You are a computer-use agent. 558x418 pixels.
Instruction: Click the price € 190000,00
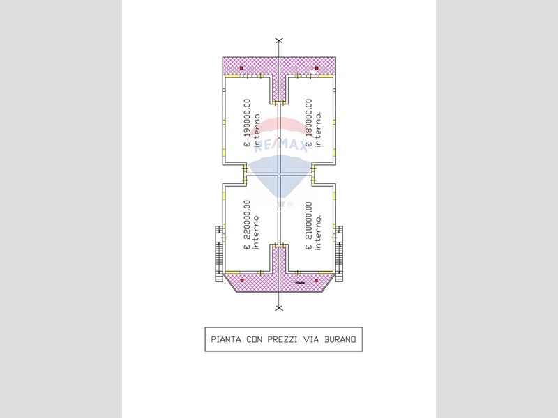click(247, 123)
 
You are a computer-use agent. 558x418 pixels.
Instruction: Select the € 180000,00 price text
click(309, 123)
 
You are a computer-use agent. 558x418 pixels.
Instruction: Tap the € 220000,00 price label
click(247, 224)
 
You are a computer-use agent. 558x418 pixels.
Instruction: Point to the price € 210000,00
click(309, 225)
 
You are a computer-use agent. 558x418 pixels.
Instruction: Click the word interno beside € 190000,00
click(257, 131)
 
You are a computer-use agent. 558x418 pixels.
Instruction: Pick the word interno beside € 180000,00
click(318, 130)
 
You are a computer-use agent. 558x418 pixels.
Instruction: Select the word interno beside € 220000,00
click(256, 233)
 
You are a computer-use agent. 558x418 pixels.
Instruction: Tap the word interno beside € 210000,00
click(318, 232)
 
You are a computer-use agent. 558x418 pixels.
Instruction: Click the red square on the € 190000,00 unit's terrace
click(241, 68)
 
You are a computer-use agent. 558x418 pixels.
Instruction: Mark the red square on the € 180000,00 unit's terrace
click(317, 68)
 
